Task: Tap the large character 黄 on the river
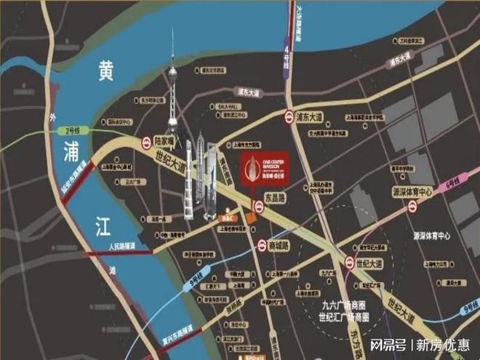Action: [107, 71]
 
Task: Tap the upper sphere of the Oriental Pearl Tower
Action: [173, 73]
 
